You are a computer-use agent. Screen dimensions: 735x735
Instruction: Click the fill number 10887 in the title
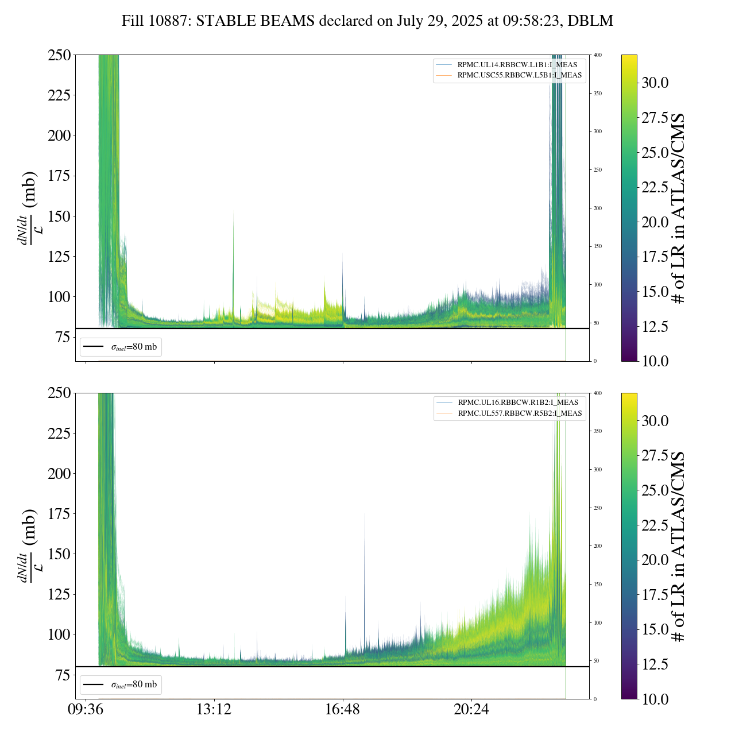coord(171,21)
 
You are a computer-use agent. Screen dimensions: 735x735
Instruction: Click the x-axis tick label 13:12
coord(214,710)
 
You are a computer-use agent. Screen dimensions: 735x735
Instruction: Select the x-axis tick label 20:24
coord(471,710)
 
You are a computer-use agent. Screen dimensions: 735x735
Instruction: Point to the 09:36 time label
coord(85,710)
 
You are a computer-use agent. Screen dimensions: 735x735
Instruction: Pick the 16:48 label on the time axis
coord(342,710)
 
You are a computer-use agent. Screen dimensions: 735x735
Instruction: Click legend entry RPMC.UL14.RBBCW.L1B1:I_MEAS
coord(517,65)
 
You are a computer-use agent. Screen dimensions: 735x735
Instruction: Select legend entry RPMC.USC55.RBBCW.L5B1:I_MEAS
coord(519,75)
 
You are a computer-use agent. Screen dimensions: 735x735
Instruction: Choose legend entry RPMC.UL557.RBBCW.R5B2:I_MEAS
coord(520,413)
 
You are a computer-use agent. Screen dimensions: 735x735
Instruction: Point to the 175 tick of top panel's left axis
coord(59,176)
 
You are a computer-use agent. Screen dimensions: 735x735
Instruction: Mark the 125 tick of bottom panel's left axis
coord(59,594)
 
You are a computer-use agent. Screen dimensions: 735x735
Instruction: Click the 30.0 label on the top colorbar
coord(655,83)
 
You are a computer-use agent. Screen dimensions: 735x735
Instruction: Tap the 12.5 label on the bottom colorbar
coord(655,664)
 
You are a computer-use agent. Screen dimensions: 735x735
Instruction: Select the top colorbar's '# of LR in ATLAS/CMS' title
coord(679,208)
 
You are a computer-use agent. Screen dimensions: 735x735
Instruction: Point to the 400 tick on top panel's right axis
coord(598,55)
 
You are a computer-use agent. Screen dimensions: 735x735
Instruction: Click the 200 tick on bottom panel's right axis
coord(598,546)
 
